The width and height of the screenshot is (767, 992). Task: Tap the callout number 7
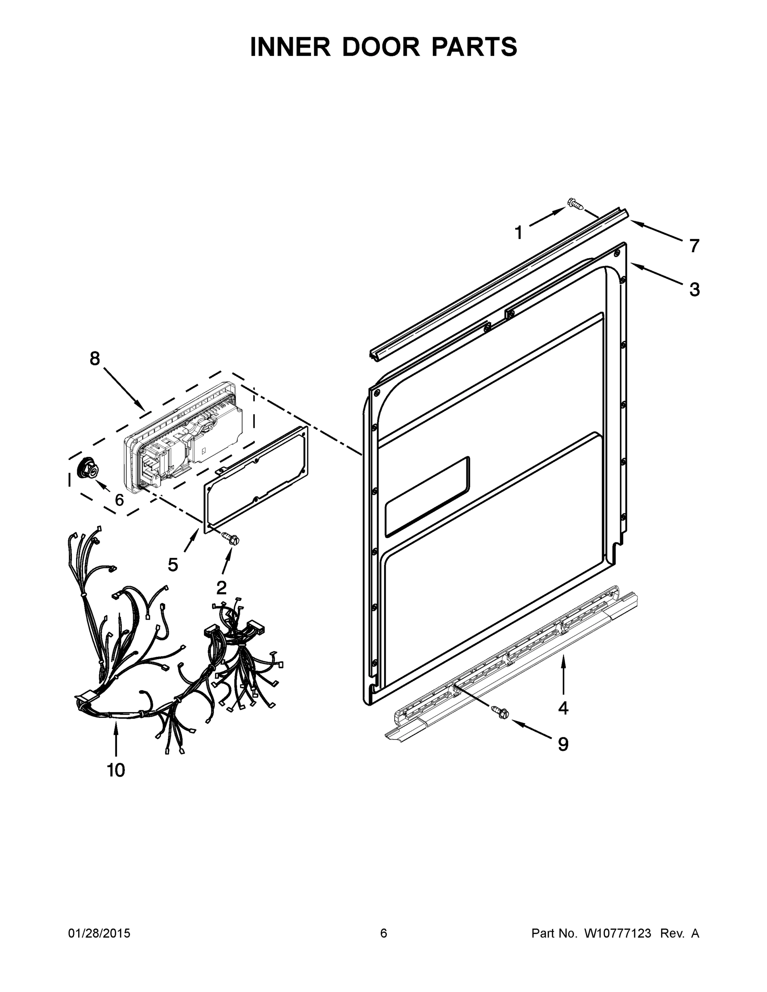coord(694,246)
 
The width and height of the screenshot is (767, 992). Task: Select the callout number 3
coord(694,289)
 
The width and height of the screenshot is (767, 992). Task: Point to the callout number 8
coord(95,358)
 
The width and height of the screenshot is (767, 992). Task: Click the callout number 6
coord(119,500)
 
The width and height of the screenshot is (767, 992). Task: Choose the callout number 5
coord(173,565)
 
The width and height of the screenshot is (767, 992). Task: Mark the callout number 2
coord(221,588)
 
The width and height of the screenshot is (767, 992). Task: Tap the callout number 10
coord(116,770)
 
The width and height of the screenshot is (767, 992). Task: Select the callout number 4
coord(563,708)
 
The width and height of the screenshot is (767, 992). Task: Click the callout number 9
coord(563,744)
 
